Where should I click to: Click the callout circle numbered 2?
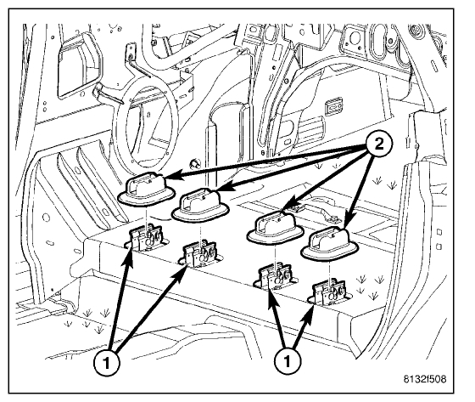tap(378, 144)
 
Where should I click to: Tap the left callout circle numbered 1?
tap(106, 363)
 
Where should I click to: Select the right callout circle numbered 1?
tap(288, 360)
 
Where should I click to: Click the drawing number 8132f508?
tap(424, 379)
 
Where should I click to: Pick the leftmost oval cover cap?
tap(147, 189)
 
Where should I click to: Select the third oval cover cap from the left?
tap(275, 228)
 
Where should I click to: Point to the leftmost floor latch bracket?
tap(146, 239)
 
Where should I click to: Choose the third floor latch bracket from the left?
tap(274, 276)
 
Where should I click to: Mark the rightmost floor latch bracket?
tap(330, 292)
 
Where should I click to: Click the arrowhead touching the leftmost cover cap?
tap(170, 177)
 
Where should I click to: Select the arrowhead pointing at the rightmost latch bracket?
tap(309, 316)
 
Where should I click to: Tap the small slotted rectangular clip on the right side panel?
tap(333, 106)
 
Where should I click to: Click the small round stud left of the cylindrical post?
tap(194, 164)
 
